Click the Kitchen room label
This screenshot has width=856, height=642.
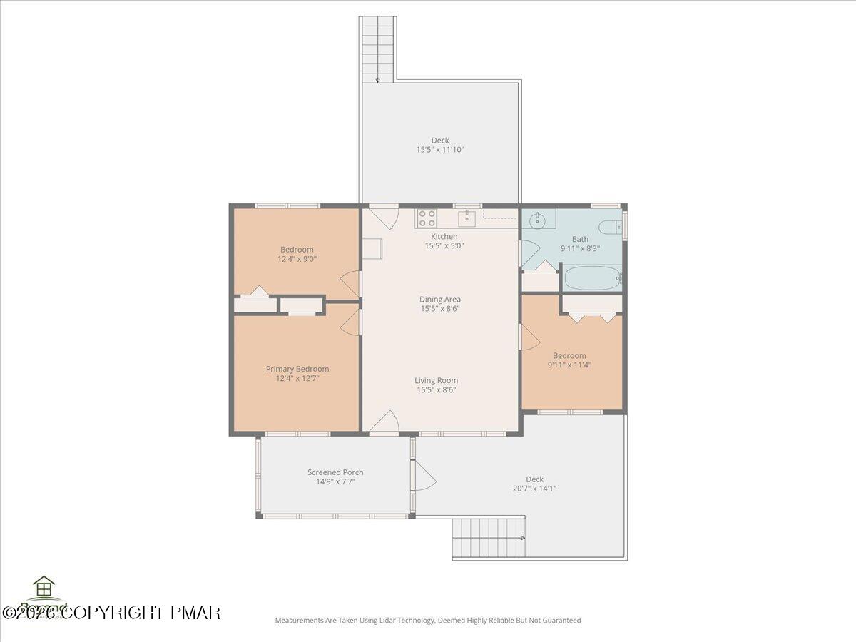pos(444,236)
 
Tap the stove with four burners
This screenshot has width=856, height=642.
pos(427,218)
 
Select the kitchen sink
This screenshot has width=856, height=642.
pos(467,218)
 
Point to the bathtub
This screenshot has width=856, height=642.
pos(591,278)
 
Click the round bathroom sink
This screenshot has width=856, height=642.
pos(538,220)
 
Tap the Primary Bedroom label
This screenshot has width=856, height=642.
pos(297,369)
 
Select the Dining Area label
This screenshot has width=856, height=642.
pos(440,300)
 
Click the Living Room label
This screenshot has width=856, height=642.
pos(437,380)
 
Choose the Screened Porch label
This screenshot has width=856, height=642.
pos(335,472)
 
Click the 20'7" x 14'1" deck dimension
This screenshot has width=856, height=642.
pos(534,489)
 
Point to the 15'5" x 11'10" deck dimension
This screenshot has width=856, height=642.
pos(440,150)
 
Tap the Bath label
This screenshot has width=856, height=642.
pos(580,239)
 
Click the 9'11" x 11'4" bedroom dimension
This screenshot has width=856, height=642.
pos(569,365)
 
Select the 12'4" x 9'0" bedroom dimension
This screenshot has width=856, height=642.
pos(297,259)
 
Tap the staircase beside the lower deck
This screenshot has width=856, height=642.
pos(489,539)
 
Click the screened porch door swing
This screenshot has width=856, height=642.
pos(424,475)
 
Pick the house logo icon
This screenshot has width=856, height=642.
pos(44,588)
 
